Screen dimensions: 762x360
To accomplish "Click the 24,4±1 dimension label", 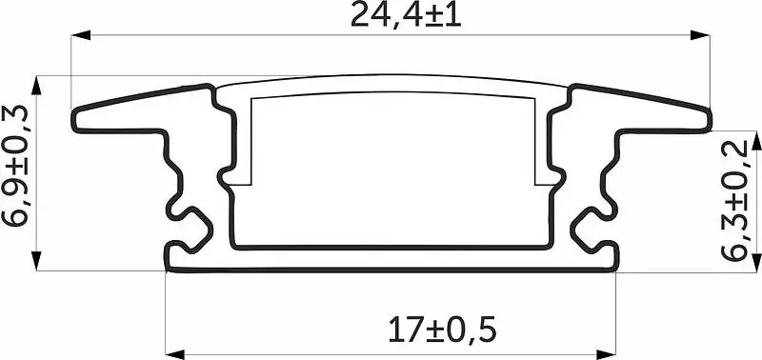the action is [406, 15].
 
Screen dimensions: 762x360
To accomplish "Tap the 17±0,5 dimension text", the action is [442, 330].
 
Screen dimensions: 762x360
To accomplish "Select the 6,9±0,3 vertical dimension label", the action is [15, 166].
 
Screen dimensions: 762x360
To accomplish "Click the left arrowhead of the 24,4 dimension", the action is [81, 35].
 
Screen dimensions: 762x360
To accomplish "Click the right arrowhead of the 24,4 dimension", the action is [700, 35].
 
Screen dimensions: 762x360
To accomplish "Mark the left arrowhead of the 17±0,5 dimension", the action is [175, 354].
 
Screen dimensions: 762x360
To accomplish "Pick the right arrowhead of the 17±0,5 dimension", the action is [607, 354].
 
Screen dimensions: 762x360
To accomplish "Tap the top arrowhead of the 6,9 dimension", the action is [37, 85].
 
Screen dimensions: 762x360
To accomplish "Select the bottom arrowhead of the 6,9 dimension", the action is [37, 261].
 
